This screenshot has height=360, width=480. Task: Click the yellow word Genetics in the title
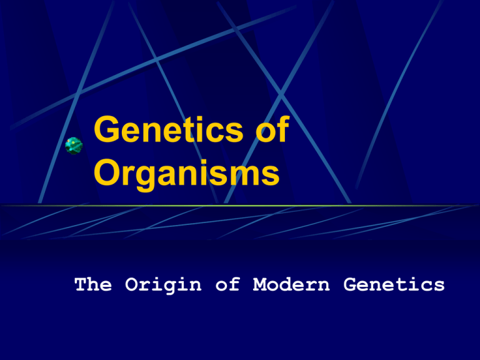(x=168, y=129)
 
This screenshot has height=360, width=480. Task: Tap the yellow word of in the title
(x=272, y=129)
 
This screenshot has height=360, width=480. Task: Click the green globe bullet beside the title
(x=74, y=146)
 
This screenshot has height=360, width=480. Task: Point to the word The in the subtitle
(x=93, y=284)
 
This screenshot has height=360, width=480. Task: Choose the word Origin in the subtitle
(x=163, y=285)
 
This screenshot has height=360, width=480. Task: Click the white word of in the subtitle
(x=227, y=284)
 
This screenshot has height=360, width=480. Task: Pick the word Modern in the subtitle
(x=291, y=284)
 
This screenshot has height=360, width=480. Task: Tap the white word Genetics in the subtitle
(x=394, y=284)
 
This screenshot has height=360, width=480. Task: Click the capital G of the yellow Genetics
(x=107, y=129)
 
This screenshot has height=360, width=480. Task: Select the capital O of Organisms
(x=107, y=172)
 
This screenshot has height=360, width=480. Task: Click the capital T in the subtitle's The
(x=81, y=284)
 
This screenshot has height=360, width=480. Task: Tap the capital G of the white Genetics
(x=349, y=284)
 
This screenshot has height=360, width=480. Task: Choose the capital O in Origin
(x=131, y=284)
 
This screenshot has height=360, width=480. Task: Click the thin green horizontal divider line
(x=240, y=206)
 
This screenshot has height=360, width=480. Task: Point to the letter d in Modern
(x=291, y=284)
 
